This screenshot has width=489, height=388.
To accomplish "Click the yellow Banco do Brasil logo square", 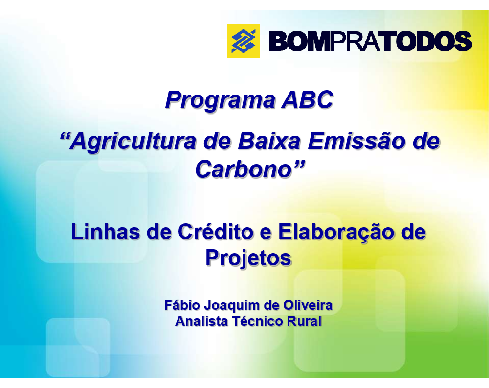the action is coord(243,41).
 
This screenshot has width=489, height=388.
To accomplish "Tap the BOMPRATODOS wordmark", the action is coord(371,41).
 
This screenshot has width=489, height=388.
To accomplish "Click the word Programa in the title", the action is coord(220,100).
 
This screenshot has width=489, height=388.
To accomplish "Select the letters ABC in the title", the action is coord(308,99).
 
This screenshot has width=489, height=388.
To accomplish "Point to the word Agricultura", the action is coord(133,142).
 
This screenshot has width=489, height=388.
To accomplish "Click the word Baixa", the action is coord(269,141).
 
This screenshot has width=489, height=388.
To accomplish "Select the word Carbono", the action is coord(244,170).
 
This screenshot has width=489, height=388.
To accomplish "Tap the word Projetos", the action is coord(248,258).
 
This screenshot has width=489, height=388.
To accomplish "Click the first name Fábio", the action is coord(182,305).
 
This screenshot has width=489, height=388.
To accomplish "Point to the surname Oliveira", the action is coord(308,305).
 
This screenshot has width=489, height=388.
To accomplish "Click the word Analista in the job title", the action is coord(201,321).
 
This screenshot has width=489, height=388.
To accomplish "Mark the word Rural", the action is coord(304,321).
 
